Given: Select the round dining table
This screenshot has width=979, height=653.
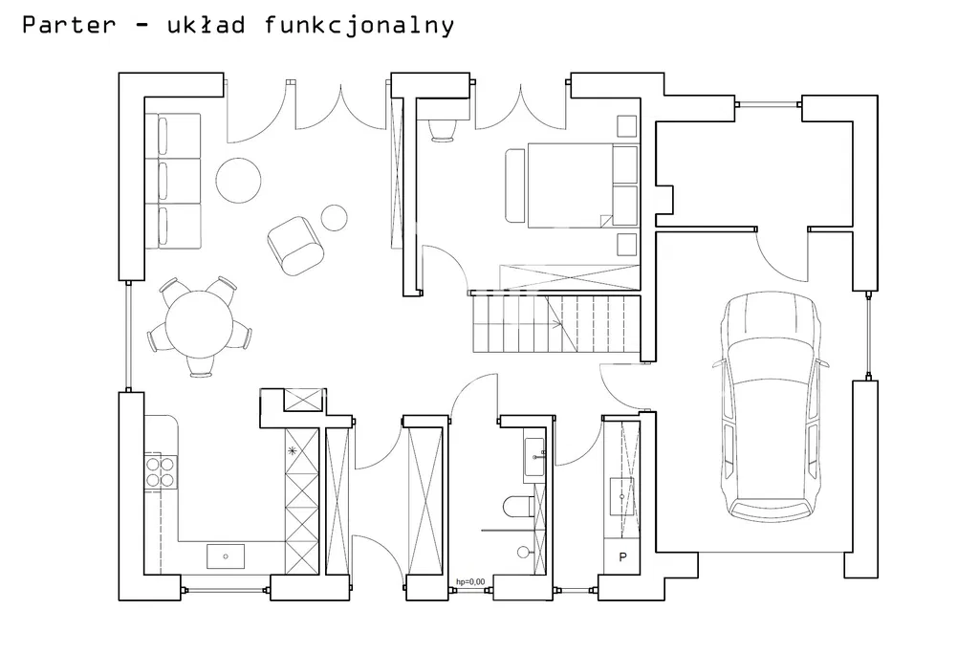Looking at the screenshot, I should pos(201,323).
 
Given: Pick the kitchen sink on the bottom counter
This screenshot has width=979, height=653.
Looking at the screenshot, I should pos(226,555).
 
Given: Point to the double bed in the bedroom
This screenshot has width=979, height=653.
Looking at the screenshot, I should pos(570,185).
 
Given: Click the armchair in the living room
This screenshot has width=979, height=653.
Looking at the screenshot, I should pos(295,243).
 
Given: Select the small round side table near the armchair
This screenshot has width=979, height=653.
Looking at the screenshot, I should pos(334,218).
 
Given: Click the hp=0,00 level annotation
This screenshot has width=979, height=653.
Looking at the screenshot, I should pos(470,581).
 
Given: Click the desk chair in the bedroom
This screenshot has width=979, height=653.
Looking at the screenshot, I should pos(444,128).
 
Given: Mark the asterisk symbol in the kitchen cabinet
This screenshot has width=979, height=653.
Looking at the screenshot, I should pos(294,449).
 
